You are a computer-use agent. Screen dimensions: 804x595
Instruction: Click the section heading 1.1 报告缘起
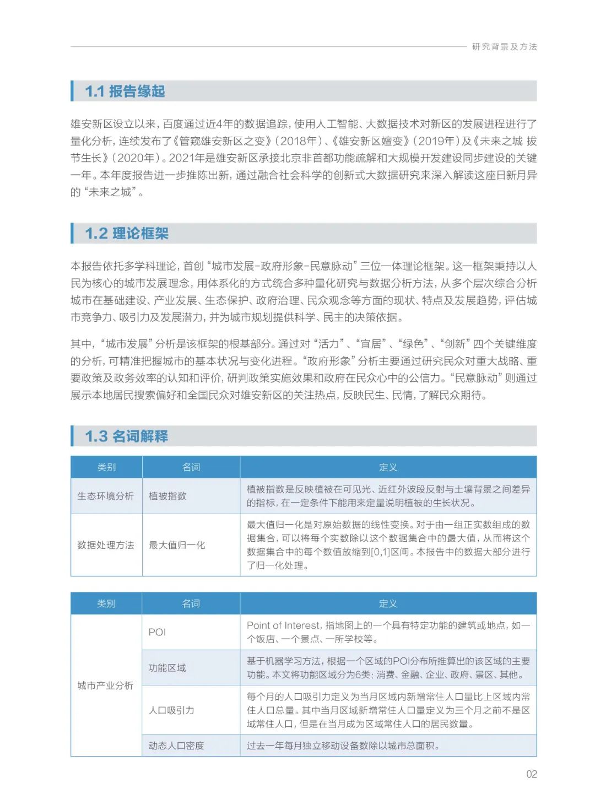[x=125, y=91]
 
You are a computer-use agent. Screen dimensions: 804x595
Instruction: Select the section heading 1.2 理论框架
[x=127, y=234]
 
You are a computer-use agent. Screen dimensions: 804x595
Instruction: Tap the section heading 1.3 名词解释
[x=127, y=436]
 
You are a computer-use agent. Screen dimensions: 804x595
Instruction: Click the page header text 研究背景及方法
[x=504, y=47]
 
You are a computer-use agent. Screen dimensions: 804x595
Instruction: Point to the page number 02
[x=531, y=774]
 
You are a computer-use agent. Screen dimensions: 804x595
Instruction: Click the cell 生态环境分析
[x=106, y=496]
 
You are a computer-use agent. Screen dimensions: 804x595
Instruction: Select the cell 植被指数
[x=167, y=496]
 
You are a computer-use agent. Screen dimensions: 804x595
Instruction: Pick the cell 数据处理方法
[x=106, y=545]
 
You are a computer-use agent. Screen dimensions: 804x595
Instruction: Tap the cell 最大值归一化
[x=177, y=545]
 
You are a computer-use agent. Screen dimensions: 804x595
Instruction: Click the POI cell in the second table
[x=157, y=632]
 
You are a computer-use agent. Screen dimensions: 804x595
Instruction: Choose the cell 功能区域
[x=167, y=668]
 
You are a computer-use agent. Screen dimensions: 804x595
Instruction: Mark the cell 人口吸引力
[x=171, y=710]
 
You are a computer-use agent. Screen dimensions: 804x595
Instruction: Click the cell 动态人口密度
[x=176, y=746]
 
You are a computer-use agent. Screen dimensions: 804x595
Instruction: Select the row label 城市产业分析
[x=105, y=686]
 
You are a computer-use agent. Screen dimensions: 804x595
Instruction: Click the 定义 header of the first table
[x=388, y=467]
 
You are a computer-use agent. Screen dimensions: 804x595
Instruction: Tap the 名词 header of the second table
[x=191, y=604]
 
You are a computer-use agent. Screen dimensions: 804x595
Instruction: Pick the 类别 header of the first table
[x=106, y=467]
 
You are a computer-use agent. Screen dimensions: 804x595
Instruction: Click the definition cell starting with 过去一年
[x=343, y=746]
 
